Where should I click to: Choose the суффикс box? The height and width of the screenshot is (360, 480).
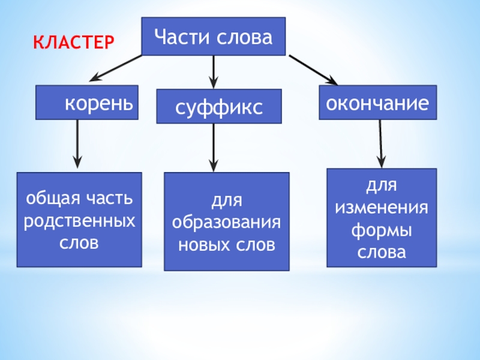[219, 107]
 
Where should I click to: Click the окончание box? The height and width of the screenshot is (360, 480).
[377, 103]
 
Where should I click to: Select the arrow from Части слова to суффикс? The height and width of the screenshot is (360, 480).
[213, 70]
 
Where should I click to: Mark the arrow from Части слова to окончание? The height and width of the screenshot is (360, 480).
[313, 70]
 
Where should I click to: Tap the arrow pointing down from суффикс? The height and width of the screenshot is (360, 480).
[214, 147]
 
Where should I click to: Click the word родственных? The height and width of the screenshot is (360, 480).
[79, 221]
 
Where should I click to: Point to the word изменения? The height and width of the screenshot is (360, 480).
[382, 208]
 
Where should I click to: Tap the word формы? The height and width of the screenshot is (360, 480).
[382, 230]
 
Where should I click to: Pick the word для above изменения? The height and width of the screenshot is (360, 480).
[382, 185]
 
